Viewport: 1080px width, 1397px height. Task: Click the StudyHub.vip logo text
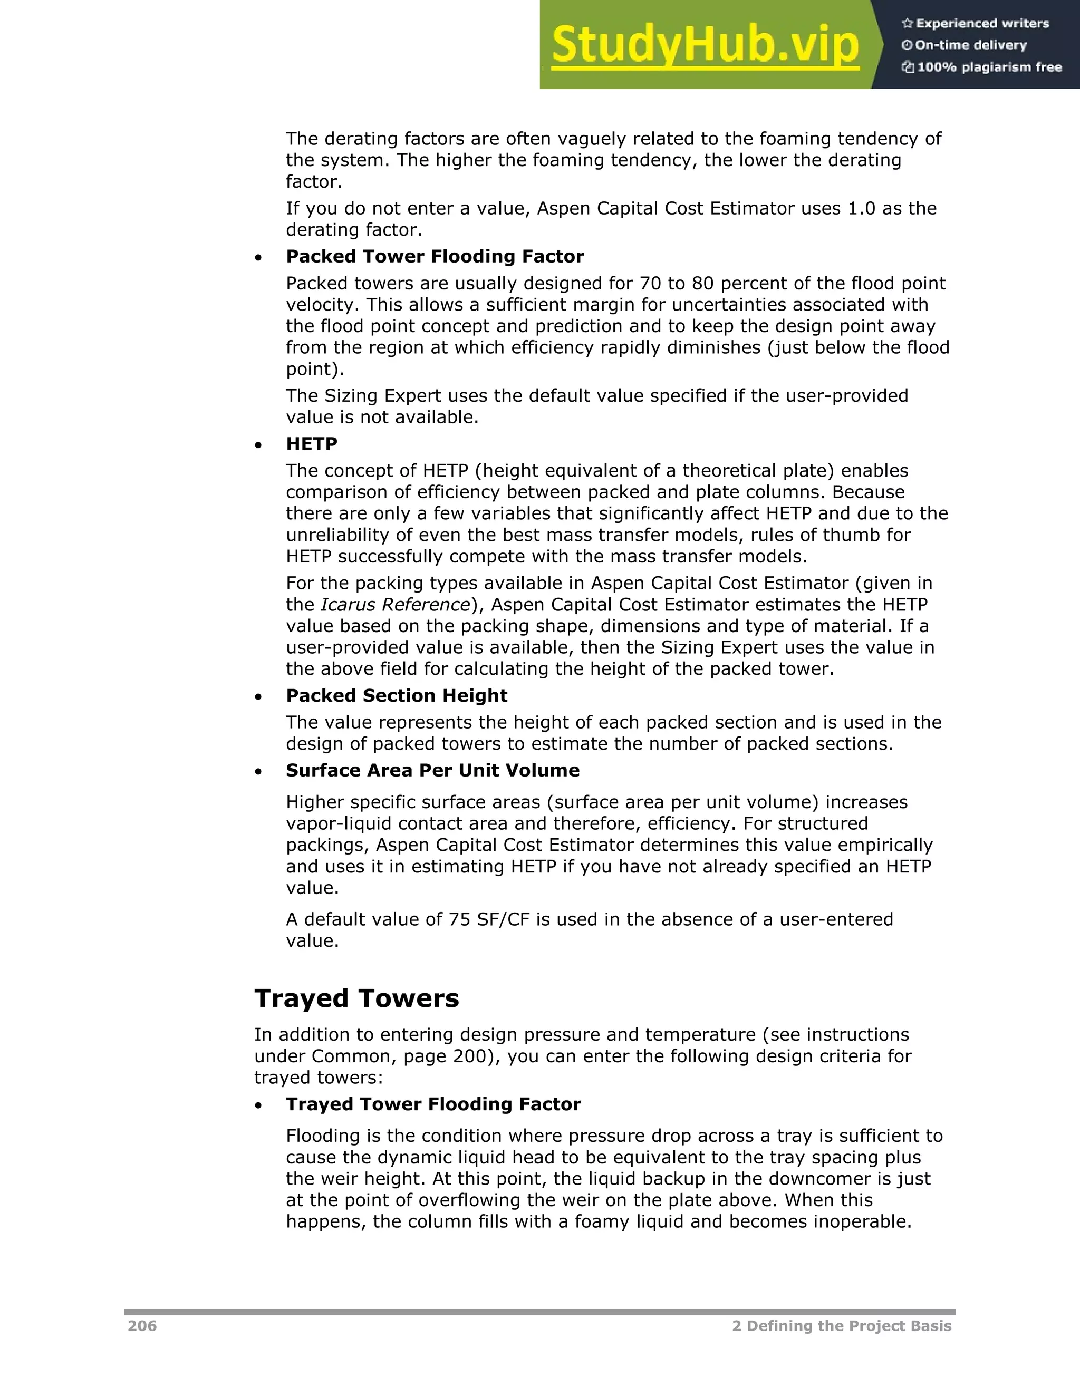(705, 45)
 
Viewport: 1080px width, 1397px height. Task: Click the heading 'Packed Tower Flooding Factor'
(435, 257)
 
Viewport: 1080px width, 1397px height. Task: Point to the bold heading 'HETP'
(312, 444)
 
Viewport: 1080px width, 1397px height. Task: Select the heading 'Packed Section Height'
(396, 695)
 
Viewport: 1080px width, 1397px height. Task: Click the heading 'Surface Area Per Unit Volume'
(432, 770)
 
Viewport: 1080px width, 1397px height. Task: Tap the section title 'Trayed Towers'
(356, 998)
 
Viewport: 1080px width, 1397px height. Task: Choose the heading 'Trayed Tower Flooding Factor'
(433, 1104)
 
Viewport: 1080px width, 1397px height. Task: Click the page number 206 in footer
(142, 1325)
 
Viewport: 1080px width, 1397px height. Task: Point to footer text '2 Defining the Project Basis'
(841, 1325)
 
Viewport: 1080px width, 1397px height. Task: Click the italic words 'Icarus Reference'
(396, 605)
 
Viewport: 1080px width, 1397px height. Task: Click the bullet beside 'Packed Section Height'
(258, 696)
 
